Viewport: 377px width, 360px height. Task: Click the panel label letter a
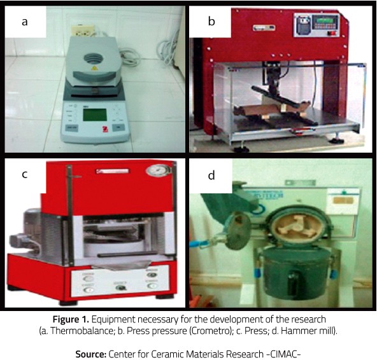pos(25,22)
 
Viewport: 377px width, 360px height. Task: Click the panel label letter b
pos(211,21)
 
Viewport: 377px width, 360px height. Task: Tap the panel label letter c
pos(25,174)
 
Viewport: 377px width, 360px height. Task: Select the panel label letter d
pos(211,175)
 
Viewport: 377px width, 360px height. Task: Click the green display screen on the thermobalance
pos(95,114)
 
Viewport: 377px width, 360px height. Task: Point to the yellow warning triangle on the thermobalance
pos(94,68)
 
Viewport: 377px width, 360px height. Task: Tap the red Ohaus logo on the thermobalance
pos(105,129)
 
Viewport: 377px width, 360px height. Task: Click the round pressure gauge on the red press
pos(159,170)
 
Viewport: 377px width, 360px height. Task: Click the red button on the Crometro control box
pos(332,33)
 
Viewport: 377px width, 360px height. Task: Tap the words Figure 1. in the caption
pos(71,319)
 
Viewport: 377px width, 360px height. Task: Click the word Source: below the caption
pos(91,354)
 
